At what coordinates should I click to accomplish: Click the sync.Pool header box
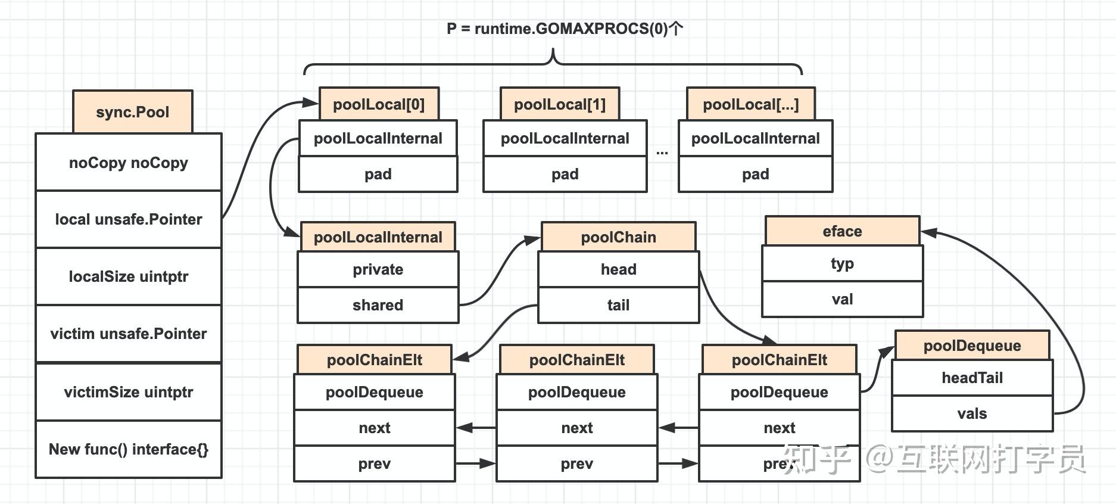click(x=132, y=112)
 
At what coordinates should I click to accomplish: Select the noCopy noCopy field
click(x=129, y=163)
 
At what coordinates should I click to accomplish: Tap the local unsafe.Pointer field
click(x=129, y=219)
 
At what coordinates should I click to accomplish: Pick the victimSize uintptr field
click(x=129, y=392)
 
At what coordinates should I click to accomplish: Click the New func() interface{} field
click(x=129, y=449)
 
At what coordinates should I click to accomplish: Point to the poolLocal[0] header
click(x=379, y=104)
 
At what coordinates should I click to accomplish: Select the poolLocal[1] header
click(x=560, y=104)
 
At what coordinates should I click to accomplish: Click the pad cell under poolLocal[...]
click(x=755, y=174)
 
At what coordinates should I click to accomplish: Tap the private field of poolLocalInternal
click(x=378, y=269)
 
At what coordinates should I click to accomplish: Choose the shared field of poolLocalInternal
click(x=378, y=305)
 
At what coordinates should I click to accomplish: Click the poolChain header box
click(x=618, y=237)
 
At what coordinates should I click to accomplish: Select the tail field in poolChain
click(x=618, y=305)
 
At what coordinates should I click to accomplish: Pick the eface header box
click(x=842, y=231)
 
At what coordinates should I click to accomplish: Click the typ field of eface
click(x=842, y=263)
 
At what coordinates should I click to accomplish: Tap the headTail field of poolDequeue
click(x=972, y=378)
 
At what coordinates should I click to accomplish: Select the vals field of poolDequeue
click(x=972, y=413)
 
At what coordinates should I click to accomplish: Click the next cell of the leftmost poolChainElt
click(x=374, y=428)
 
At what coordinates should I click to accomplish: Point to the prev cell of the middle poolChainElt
click(x=576, y=463)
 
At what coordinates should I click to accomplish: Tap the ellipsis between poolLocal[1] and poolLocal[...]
click(x=662, y=153)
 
